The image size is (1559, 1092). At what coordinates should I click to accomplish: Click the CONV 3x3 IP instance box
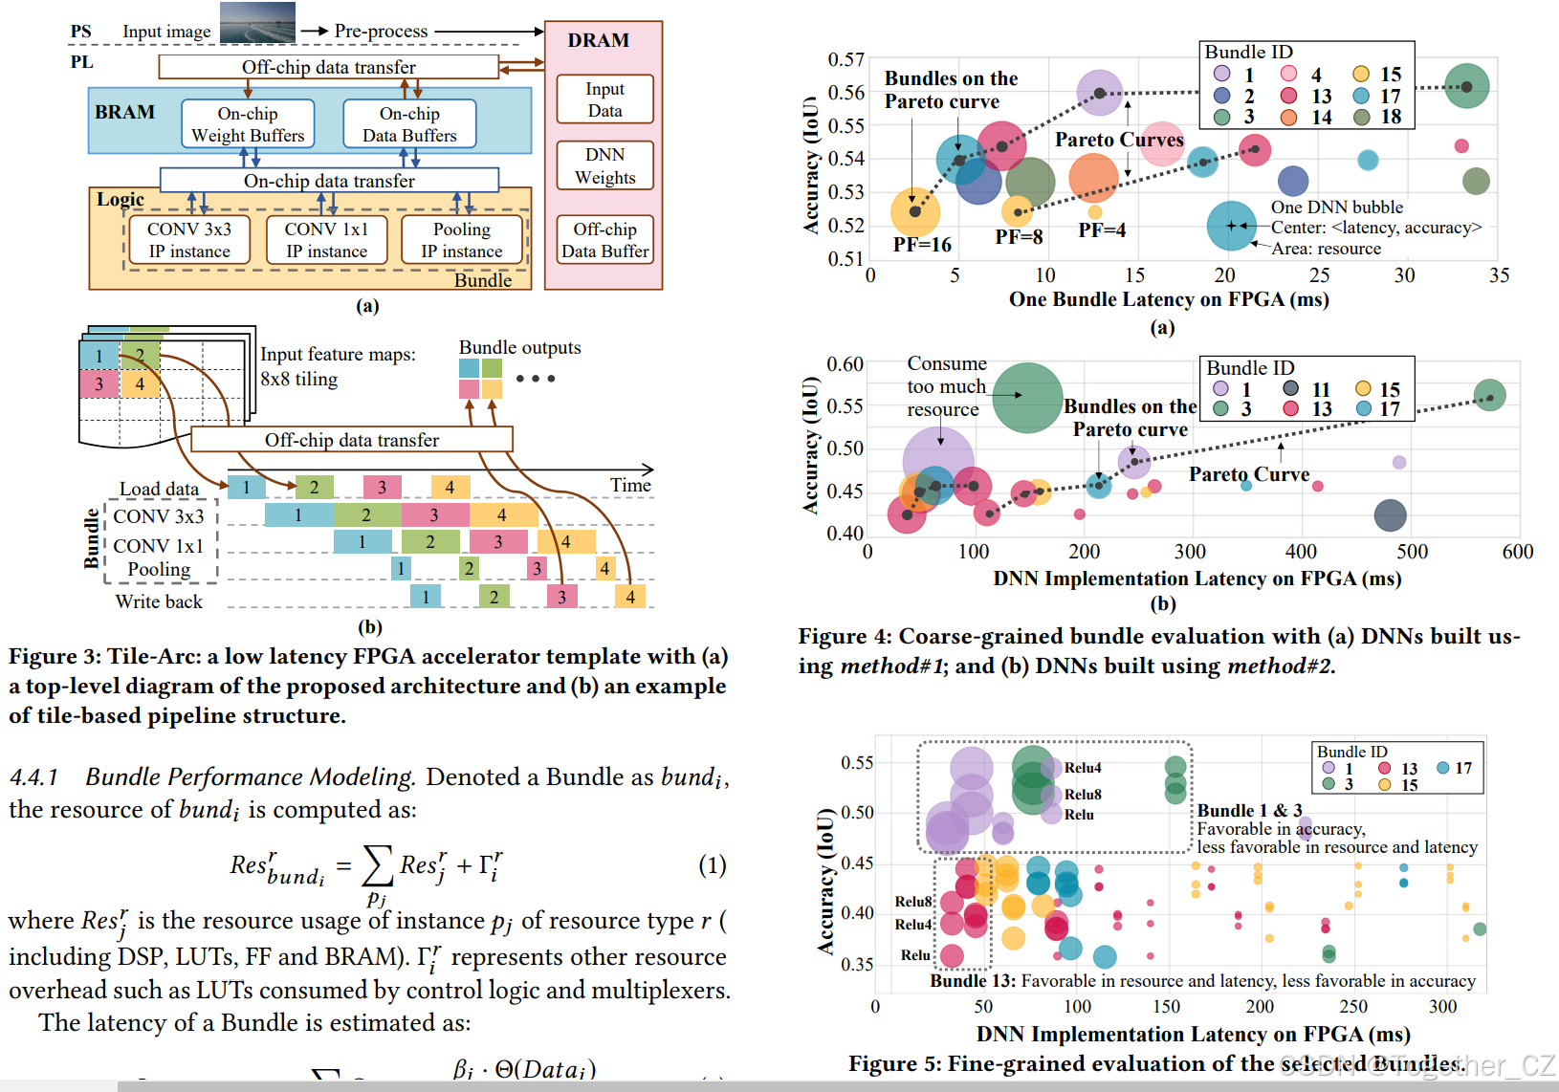[188, 239]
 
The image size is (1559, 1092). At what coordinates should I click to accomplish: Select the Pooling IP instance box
[462, 239]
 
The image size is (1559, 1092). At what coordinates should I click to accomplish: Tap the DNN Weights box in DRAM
[604, 165]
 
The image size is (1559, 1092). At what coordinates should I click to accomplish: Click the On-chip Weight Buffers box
[248, 124]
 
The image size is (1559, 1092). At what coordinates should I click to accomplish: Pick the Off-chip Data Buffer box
[604, 240]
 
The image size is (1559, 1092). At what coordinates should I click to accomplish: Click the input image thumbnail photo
[257, 23]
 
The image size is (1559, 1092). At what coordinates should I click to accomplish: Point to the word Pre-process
[381, 31]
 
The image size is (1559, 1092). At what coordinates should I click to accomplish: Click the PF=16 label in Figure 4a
[922, 245]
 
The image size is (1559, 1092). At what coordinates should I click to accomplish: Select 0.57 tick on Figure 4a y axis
[845, 59]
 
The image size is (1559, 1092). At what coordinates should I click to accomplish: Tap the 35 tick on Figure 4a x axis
[1499, 275]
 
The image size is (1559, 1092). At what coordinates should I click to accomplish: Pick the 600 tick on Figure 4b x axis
[1517, 552]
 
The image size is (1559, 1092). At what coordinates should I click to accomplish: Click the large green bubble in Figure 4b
[1027, 397]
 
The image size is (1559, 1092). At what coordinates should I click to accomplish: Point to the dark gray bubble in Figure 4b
[1390, 515]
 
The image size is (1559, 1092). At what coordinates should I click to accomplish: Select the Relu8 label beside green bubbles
[1083, 795]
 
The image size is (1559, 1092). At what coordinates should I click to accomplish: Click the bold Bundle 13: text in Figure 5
[973, 981]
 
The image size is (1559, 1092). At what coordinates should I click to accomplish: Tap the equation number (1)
[712, 865]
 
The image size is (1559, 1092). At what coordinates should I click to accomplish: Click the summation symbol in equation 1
[377, 865]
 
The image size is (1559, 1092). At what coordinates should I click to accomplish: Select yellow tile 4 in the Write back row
[629, 597]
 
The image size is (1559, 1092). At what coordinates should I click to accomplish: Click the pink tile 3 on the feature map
[99, 383]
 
